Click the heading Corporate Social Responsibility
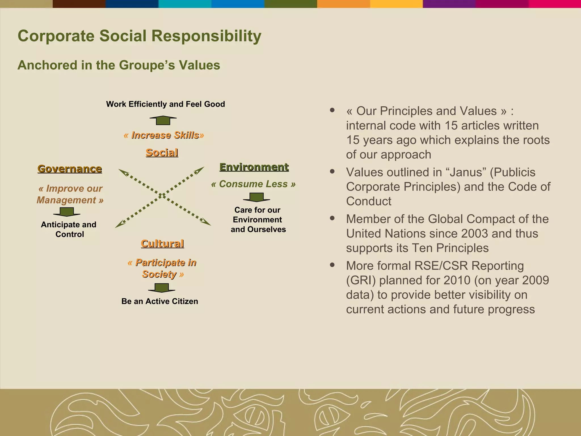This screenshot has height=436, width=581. tap(139, 36)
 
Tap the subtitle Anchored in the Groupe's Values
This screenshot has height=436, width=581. tap(119, 65)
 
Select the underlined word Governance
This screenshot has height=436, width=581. tap(70, 169)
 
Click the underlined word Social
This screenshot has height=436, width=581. tap(162, 153)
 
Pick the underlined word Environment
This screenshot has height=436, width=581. tap(254, 167)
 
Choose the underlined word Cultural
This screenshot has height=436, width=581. tap(162, 244)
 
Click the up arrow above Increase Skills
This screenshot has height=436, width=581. tap(163, 120)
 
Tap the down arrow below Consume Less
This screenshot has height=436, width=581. tap(256, 197)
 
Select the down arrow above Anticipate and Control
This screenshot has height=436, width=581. tap(67, 212)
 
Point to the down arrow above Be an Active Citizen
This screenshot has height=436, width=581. tap(161, 288)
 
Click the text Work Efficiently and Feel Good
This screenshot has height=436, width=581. tap(165, 104)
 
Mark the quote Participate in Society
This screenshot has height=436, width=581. tap(162, 268)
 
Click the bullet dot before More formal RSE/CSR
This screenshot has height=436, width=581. tap(332, 265)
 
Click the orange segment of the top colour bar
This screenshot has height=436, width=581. tap(343, 4)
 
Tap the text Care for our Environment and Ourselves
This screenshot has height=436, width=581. tap(258, 220)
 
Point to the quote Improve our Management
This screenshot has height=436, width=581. tap(70, 194)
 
